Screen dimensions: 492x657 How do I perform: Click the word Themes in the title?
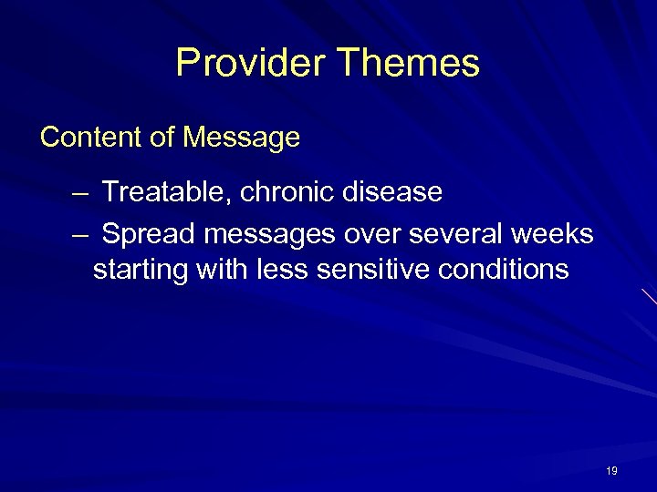click(x=408, y=63)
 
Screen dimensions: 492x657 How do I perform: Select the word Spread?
click(x=149, y=234)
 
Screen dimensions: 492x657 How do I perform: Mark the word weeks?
click(x=553, y=234)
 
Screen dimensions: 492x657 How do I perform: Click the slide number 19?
click(x=610, y=471)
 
